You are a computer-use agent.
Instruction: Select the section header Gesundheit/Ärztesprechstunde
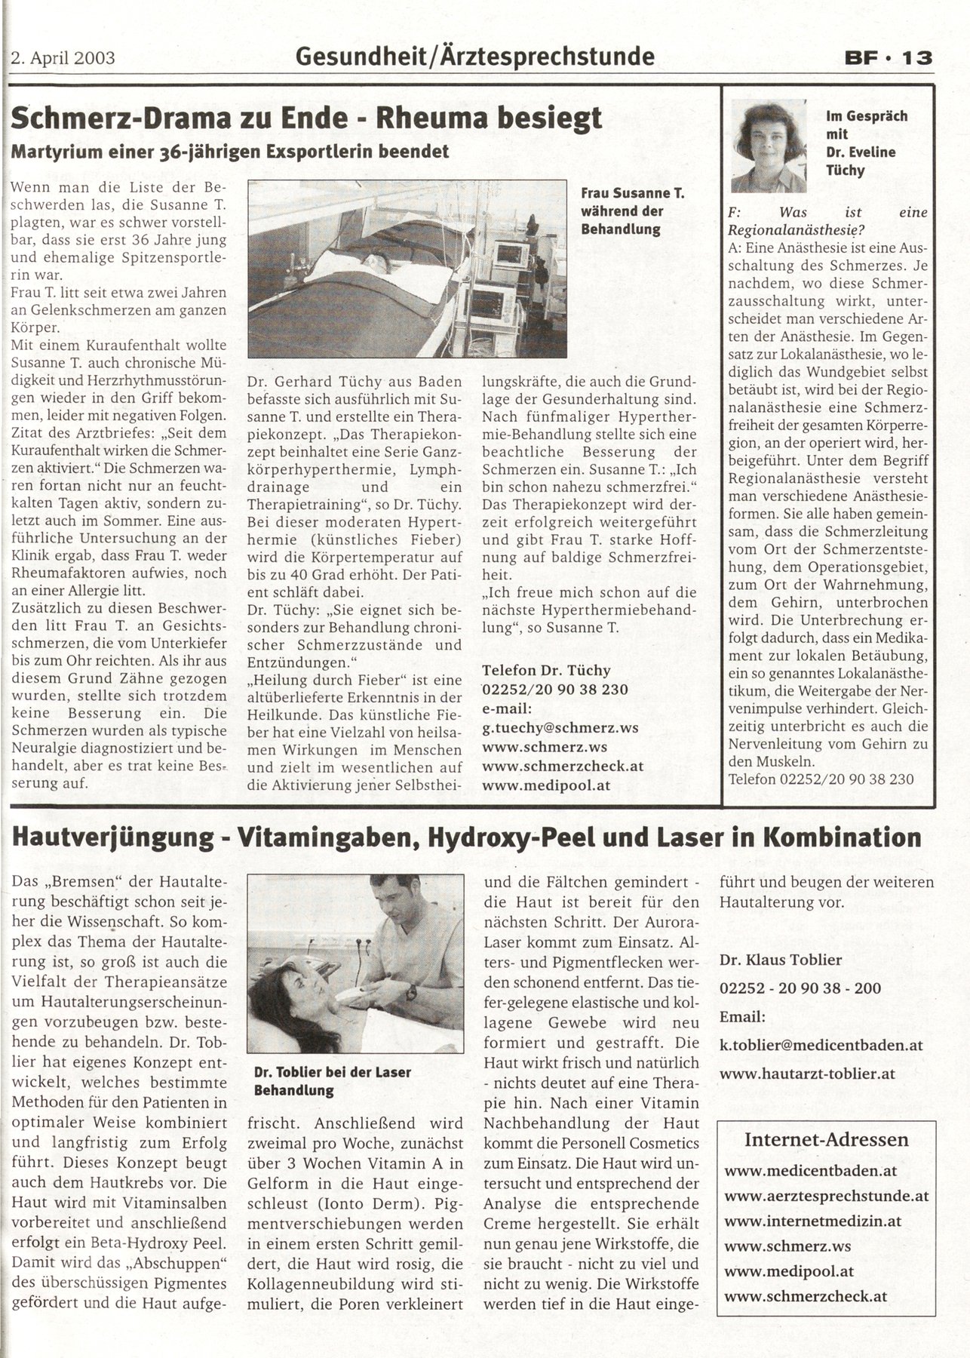click(x=475, y=55)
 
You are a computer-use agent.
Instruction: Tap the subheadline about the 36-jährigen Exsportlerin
click(x=230, y=151)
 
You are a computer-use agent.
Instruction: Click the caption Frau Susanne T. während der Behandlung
click(x=632, y=211)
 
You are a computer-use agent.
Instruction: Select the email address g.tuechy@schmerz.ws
click(x=560, y=727)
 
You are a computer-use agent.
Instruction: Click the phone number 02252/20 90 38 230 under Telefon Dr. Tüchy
click(x=554, y=689)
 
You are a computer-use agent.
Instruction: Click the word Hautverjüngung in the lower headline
click(x=109, y=837)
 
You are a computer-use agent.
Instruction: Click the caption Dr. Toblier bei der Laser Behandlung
click(x=333, y=1080)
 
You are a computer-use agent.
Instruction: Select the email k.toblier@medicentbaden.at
click(x=821, y=1045)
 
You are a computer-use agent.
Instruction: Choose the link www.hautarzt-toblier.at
click(x=808, y=1073)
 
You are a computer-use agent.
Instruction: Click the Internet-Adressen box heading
click(x=826, y=1140)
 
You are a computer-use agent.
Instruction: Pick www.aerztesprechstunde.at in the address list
click(x=826, y=1196)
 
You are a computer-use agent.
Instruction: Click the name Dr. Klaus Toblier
click(x=781, y=960)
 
